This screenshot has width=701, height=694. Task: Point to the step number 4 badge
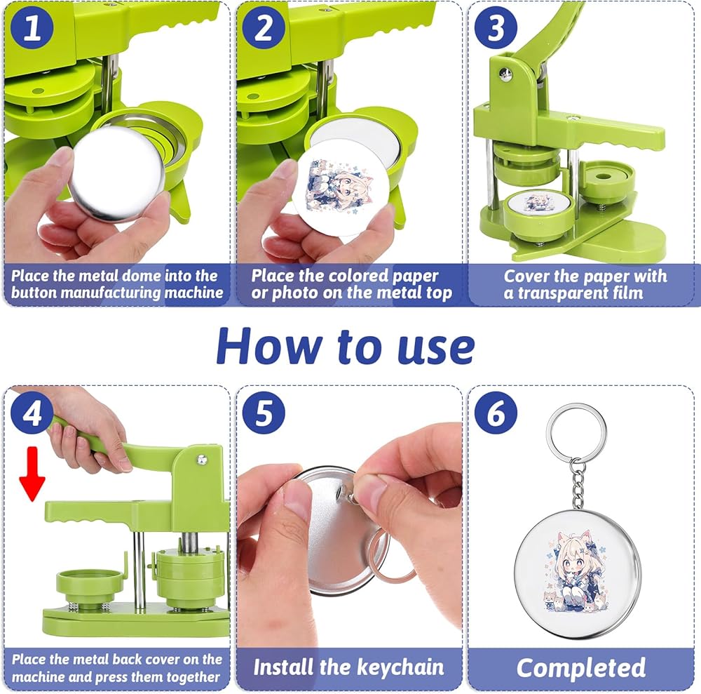point(32,413)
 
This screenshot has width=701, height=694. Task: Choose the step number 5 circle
point(264,413)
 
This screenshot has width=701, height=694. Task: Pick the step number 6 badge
point(496,413)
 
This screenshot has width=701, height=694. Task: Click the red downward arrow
point(32,474)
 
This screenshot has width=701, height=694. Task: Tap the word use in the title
point(436,349)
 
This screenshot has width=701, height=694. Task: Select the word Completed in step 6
point(580,667)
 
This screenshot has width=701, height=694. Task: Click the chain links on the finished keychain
point(578,485)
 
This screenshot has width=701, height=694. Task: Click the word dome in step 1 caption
point(142,276)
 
